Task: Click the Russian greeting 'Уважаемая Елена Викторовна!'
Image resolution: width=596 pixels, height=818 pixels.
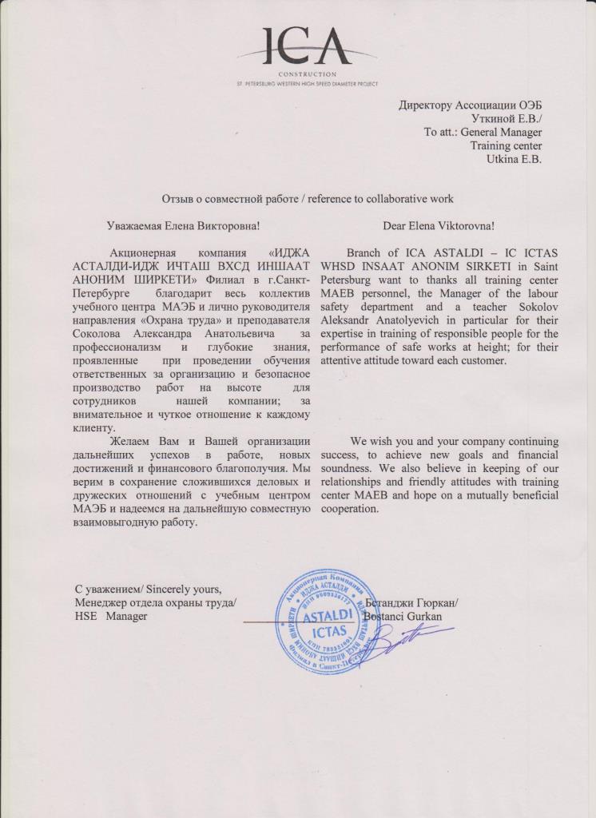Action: point(183,226)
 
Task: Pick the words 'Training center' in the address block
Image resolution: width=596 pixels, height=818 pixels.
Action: point(506,146)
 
